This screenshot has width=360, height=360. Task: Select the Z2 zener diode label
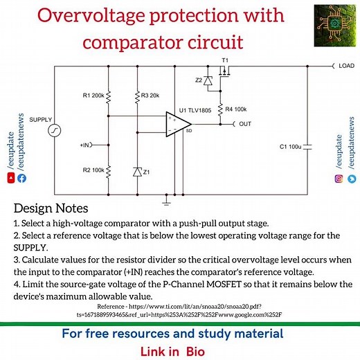point(199,80)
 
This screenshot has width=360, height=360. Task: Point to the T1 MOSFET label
point(225,60)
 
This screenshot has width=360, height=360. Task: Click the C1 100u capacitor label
point(290,147)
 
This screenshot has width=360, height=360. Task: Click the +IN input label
point(87,145)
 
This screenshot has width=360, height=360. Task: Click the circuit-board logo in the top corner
point(333,26)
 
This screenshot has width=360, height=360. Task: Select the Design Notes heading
point(50,208)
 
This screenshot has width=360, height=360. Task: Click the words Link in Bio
point(179,350)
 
